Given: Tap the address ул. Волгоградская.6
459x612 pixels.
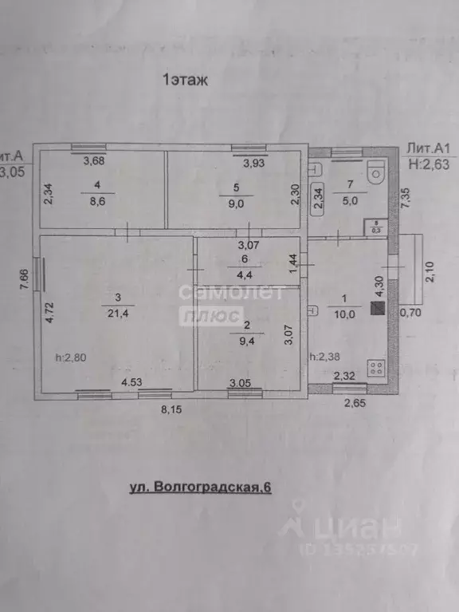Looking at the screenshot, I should click(200, 487).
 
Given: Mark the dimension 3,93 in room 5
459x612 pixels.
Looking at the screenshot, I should click(253, 163).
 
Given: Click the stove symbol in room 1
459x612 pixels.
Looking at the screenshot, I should click(376, 369).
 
